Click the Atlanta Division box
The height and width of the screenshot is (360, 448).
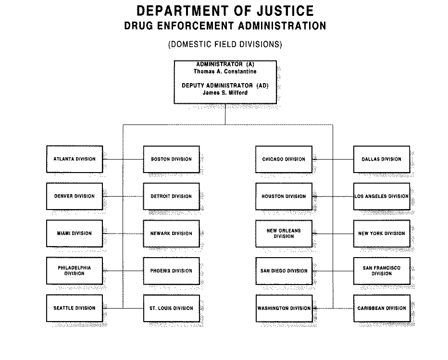[75, 159]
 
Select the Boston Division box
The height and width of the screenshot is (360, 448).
[171, 159]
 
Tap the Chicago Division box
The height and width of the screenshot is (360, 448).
[284, 159]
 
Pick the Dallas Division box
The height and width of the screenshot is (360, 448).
[382, 159]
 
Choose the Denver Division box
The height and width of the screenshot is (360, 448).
[75, 196]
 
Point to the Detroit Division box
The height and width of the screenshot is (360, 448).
[171, 196]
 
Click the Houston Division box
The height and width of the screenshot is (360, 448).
[284, 196]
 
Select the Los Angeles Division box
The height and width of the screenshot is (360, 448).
[382, 196]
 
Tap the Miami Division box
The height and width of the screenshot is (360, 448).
[75, 234]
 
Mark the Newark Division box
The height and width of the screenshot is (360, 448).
[171, 234]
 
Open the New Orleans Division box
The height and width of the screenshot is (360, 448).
[284, 234]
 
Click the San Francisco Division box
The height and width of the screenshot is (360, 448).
[382, 271]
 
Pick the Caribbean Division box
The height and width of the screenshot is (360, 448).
[382, 308]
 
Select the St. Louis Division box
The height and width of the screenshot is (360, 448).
[171, 308]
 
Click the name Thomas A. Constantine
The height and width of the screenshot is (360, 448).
[225, 72]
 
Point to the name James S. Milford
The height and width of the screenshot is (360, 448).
[225, 93]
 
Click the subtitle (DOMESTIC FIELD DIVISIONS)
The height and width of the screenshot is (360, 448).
[225, 44]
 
